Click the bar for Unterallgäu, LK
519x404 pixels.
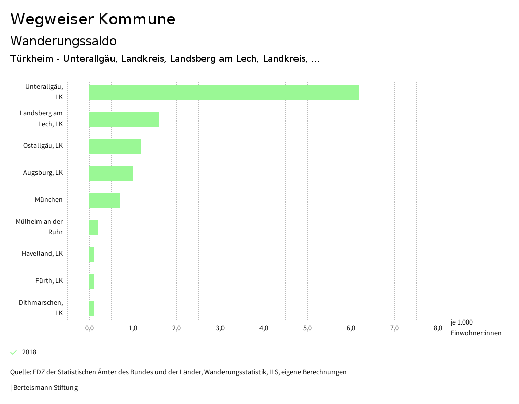pos(224,93)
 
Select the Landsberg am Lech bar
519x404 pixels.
pos(124,119)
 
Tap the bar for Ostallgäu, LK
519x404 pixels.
pos(115,147)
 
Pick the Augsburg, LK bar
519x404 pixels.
pos(111,174)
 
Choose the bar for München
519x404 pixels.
pos(104,200)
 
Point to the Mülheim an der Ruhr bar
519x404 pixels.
pos(93,228)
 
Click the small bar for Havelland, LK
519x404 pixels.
pos(91,255)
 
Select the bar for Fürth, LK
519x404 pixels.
pos(91,281)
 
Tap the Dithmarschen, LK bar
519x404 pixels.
pos(91,309)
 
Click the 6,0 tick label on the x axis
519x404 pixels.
pos(351,328)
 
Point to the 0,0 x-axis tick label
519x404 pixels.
pos(89,328)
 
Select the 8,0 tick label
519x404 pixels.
pos(438,328)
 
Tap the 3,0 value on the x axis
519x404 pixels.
pos(220,328)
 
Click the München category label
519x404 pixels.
pos(49,200)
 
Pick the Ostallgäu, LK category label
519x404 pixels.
pos(43,146)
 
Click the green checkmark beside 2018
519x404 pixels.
pos(14,352)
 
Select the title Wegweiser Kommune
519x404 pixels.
pos(93,19)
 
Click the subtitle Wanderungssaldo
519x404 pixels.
pos(63,41)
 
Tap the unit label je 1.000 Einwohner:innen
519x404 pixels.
pos(475,328)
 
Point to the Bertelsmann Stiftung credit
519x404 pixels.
pos(45,388)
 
